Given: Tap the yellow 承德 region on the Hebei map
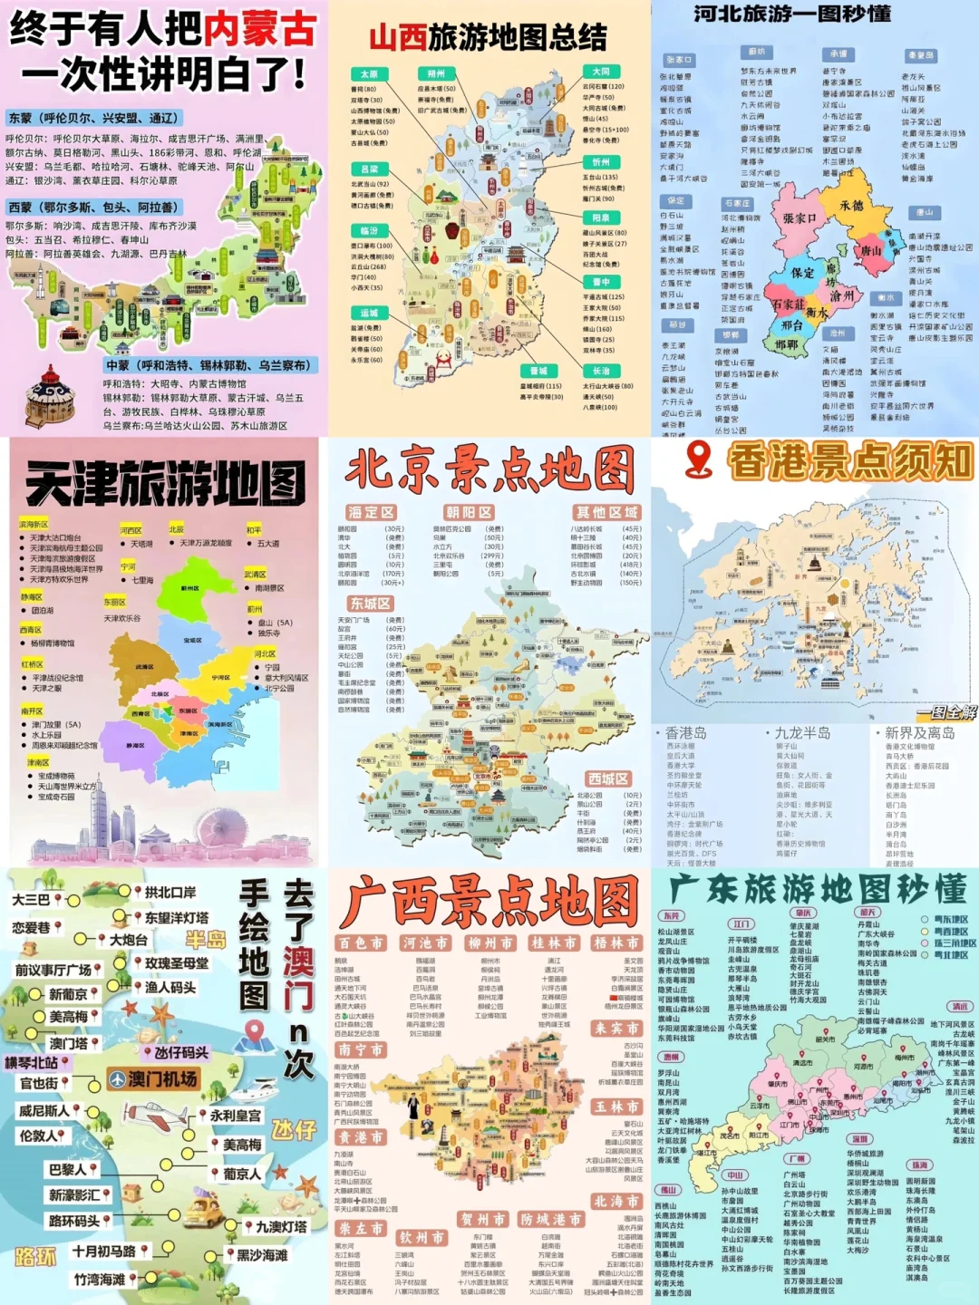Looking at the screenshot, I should point(850,207).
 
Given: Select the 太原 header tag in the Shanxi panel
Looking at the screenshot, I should point(369,74).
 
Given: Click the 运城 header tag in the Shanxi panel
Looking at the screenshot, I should point(369,313).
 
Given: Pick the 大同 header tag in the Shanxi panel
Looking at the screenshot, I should point(601,71).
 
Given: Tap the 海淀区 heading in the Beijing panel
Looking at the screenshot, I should point(372,512).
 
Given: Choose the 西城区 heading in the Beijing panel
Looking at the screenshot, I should point(607,778).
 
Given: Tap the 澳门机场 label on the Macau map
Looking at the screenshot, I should point(154,1078).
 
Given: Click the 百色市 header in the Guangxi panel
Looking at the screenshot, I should point(361,943).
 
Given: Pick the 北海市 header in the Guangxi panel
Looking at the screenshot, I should point(616,1202).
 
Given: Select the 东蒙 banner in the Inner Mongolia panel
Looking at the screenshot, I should point(94,118).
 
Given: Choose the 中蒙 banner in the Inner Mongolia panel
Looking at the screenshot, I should point(208,365).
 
